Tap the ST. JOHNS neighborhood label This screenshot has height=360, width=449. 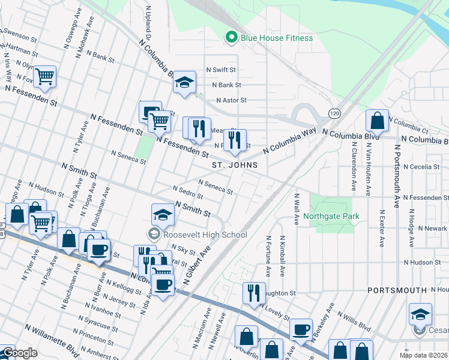click(235, 164)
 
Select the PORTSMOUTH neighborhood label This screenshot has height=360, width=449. click(397, 290)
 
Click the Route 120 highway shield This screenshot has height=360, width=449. click(334, 113)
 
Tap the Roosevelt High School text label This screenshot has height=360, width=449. click(204, 235)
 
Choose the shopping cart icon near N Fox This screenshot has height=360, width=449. click(44, 76)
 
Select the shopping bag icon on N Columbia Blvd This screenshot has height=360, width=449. click(377, 120)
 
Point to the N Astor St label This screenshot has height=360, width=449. click(231, 100)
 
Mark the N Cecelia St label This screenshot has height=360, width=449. click(421, 167)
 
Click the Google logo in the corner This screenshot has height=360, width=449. click(19, 353)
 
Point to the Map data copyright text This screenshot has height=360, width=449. click(424, 355)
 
